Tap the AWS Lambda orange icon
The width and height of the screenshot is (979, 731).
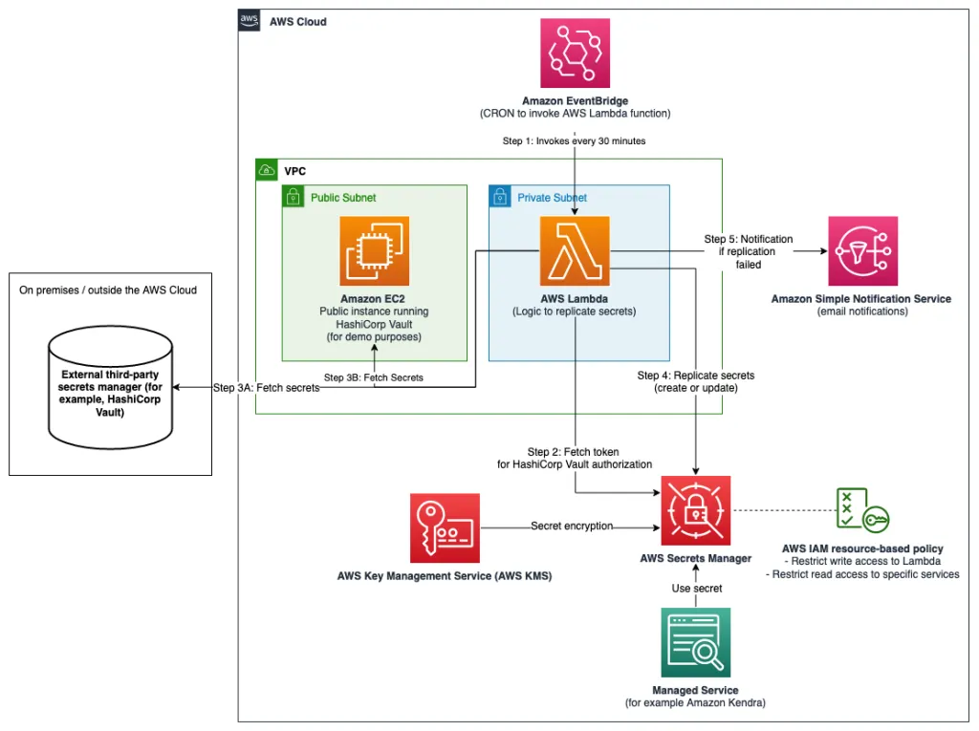[575, 251]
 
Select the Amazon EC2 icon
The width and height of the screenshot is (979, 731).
[375, 251]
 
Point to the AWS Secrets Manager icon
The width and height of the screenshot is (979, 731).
[695, 510]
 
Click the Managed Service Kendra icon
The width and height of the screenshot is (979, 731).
[695, 642]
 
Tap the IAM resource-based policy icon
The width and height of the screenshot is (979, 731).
[861, 510]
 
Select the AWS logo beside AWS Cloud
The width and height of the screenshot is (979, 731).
[250, 21]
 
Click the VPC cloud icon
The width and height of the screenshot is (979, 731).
[267, 170]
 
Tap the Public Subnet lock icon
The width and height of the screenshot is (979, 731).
[293, 197]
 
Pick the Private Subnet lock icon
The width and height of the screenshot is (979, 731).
[500, 197]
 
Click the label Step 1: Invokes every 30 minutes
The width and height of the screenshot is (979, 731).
[574, 140]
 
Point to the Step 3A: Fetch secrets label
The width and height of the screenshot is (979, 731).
[265, 388]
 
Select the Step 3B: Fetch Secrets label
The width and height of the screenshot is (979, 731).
[373, 377]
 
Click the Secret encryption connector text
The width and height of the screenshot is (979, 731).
[572, 526]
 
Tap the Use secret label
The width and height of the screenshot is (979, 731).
[695, 588]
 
